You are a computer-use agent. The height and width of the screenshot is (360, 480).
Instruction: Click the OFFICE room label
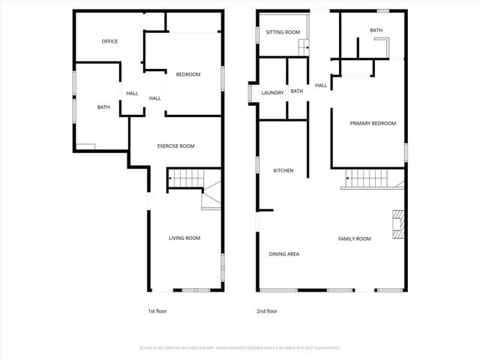[109, 41]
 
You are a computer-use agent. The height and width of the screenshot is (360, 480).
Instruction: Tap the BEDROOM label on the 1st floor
[187, 74]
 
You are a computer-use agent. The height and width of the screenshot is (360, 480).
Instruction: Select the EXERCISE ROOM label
[175, 146]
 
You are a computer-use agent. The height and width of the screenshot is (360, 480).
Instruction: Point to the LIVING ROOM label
[184, 238]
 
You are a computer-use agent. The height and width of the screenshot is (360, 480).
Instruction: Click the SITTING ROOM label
[283, 32]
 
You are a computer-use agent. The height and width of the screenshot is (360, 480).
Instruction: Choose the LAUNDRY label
[272, 93]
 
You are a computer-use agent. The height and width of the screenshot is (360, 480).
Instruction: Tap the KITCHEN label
[283, 171]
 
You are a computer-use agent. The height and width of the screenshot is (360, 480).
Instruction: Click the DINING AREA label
[284, 254]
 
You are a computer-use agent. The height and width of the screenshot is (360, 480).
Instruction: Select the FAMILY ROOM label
[354, 239]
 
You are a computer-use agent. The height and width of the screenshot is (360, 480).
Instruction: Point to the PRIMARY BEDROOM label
[373, 124]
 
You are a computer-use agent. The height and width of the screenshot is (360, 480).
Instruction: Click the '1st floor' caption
[157, 310]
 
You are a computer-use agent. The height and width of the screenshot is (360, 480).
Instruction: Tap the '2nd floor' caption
[267, 310]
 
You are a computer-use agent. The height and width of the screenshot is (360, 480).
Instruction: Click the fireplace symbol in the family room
[397, 224]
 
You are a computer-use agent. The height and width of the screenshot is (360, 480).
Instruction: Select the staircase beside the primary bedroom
[369, 179]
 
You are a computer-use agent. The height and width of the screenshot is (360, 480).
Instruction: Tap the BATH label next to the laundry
[297, 91]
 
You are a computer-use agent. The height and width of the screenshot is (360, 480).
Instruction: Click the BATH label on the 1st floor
[103, 107]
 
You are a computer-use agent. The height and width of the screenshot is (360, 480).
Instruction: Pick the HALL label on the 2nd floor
[321, 85]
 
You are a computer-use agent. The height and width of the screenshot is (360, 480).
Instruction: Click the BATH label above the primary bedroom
[376, 31]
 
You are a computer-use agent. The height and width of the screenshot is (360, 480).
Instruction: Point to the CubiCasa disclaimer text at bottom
[240, 348]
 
